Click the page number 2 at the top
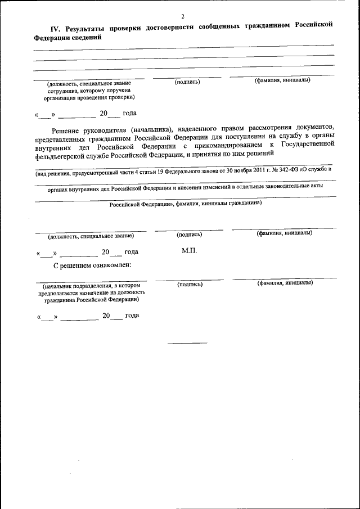point(183,17)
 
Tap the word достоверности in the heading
point(170,27)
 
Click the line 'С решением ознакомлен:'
point(93,264)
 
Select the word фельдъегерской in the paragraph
point(62,154)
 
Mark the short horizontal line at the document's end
point(187,343)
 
